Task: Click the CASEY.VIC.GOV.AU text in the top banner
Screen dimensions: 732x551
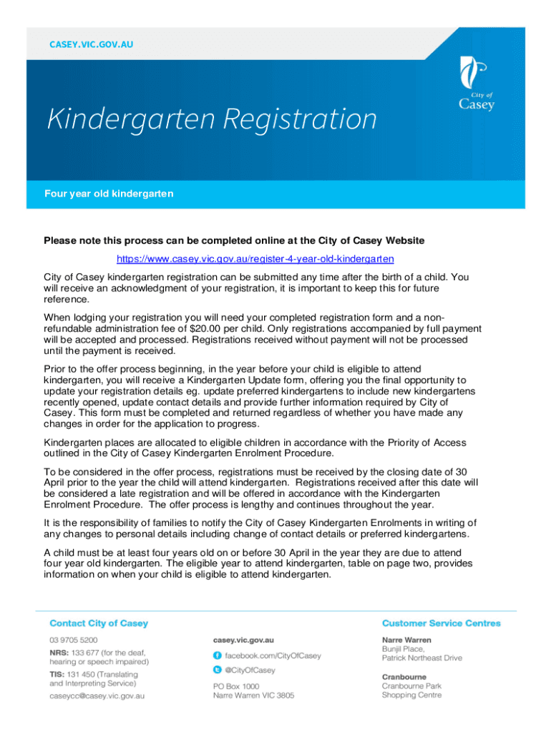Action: pyautogui.click(x=91, y=44)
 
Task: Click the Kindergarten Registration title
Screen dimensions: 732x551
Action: pyautogui.click(x=212, y=119)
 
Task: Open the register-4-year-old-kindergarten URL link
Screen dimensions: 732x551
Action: pyautogui.click(x=255, y=258)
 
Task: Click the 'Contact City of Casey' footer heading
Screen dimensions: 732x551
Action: pyautogui.click(x=99, y=623)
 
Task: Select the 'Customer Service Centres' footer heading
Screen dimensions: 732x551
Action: pyautogui.click(x=442, y=623)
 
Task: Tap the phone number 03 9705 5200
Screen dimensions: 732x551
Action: pyautogui.click(x=74, y=640)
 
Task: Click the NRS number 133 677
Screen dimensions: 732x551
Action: pyautogui.click(x=85, y=653)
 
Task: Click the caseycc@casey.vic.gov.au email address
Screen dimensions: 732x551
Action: pyautogui.click(x=97, y=696)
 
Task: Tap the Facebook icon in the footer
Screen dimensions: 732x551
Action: pyautogui.click(x=217, y=656)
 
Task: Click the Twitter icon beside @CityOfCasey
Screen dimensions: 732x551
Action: pyautogui.click(x=217, y=671)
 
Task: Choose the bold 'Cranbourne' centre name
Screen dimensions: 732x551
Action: pyautogui.click(x=404, y=676)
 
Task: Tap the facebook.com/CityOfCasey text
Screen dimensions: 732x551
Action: pyautogui.click(x=273, y=656)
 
